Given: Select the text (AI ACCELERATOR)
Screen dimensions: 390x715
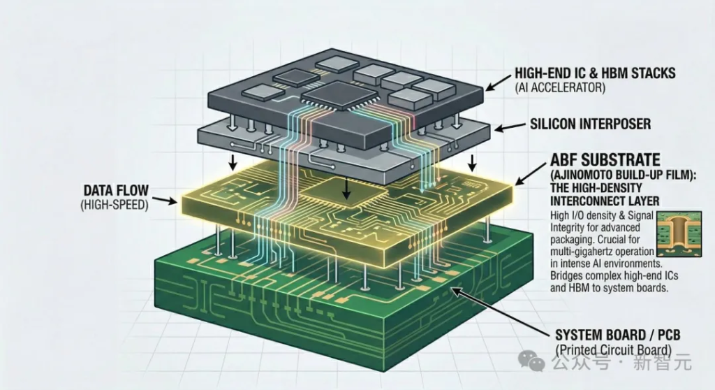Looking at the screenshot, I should point(560,88).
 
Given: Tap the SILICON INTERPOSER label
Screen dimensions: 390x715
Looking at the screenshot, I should point(591,124).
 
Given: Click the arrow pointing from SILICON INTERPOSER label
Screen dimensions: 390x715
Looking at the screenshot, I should point(509,128).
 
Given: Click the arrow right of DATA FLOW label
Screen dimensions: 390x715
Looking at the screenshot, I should point(164,200).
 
